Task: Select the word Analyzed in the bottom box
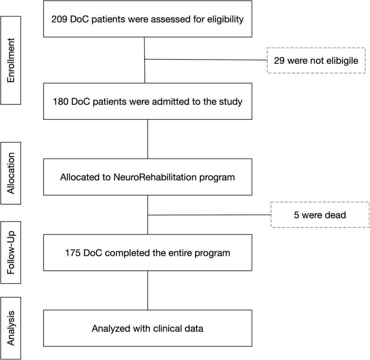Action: tap(110, 328)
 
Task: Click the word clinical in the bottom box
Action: tap(166, 328)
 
